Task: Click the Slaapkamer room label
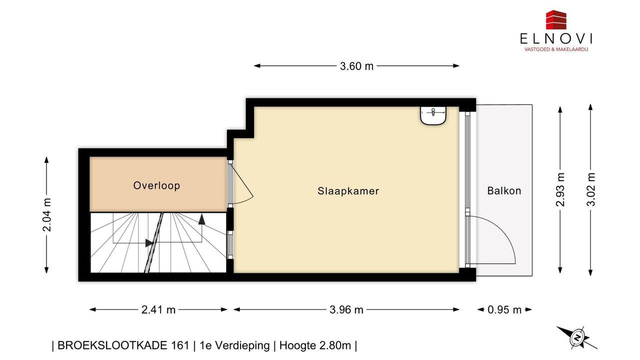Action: [x=348, y=191]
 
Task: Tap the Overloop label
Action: [x=156, y=185]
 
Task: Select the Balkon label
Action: [x=504, y=191]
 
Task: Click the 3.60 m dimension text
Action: [x=356, y=66]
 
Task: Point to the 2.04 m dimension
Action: [x=47, y=214]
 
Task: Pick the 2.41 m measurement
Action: [x=158, y=309]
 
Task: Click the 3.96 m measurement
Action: [x=346, y=309]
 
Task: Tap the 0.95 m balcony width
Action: [x=504, y=309]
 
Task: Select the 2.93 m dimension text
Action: [x=560, y=189]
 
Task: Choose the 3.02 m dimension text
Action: [x=590, y=189]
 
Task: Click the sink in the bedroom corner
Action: [x=433, y=115]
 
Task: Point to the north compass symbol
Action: [x=577, y=338]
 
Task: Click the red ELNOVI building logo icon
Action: [x=556, y=19]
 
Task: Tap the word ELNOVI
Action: [x=556, y=39]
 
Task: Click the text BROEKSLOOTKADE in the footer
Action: [x=123, y=345]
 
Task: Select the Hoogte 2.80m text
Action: [x=315, y=345]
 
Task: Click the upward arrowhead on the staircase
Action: [x=201, y=219]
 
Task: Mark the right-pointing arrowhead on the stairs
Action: [x=149, y=243]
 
